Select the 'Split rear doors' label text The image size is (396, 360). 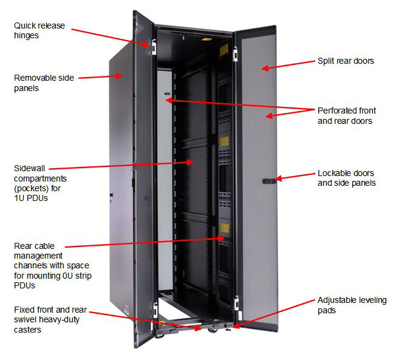[346, 61]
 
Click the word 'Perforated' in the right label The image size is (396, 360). [337, 110]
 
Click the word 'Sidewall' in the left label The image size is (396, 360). [30, 168]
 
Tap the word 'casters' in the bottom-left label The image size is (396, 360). [29, 330]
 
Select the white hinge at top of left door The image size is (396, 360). [154, 46]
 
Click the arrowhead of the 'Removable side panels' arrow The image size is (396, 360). [123, 76]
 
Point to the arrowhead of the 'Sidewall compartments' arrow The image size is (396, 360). [193, 162]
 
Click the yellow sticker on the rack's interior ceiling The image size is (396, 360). [223, 49]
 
